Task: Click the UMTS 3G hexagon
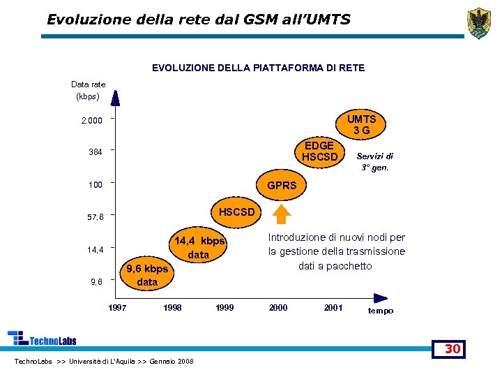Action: pyautogui.click(x=361, y=125)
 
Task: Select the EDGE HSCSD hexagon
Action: pyautogui.click(x=319, y=151)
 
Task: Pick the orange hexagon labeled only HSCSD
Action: pyautogui.click(x=237, y=212)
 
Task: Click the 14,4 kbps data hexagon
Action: pyautogui.click(x=199, y=247)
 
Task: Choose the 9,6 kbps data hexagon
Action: pyautogui.click(x=147, y=275)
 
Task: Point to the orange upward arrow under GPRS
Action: pyautogui.click(x=282, y=214)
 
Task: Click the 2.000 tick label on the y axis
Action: pyautogui.click(x=91, y=121)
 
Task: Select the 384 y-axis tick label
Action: pyautogui.click(x=95, y=152)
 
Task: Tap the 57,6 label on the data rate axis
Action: pyautogui.click(x=95, y=217)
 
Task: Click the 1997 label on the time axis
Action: pyautogui.click(x=117, y=308)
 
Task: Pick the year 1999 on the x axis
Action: pyautogui.click(x=225, y=308)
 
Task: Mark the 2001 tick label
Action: pyautogui.click(x=333, y=308)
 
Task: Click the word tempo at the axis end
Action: pyautogui.click(x=381, y=311)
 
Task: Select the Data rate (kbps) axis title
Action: pyautogui.click(x=89, y=90)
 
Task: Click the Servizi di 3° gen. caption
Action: pyautogui.click(x=375, y=162)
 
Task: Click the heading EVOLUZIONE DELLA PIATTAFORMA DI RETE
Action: pyautogui.click(x=258, y=68)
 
